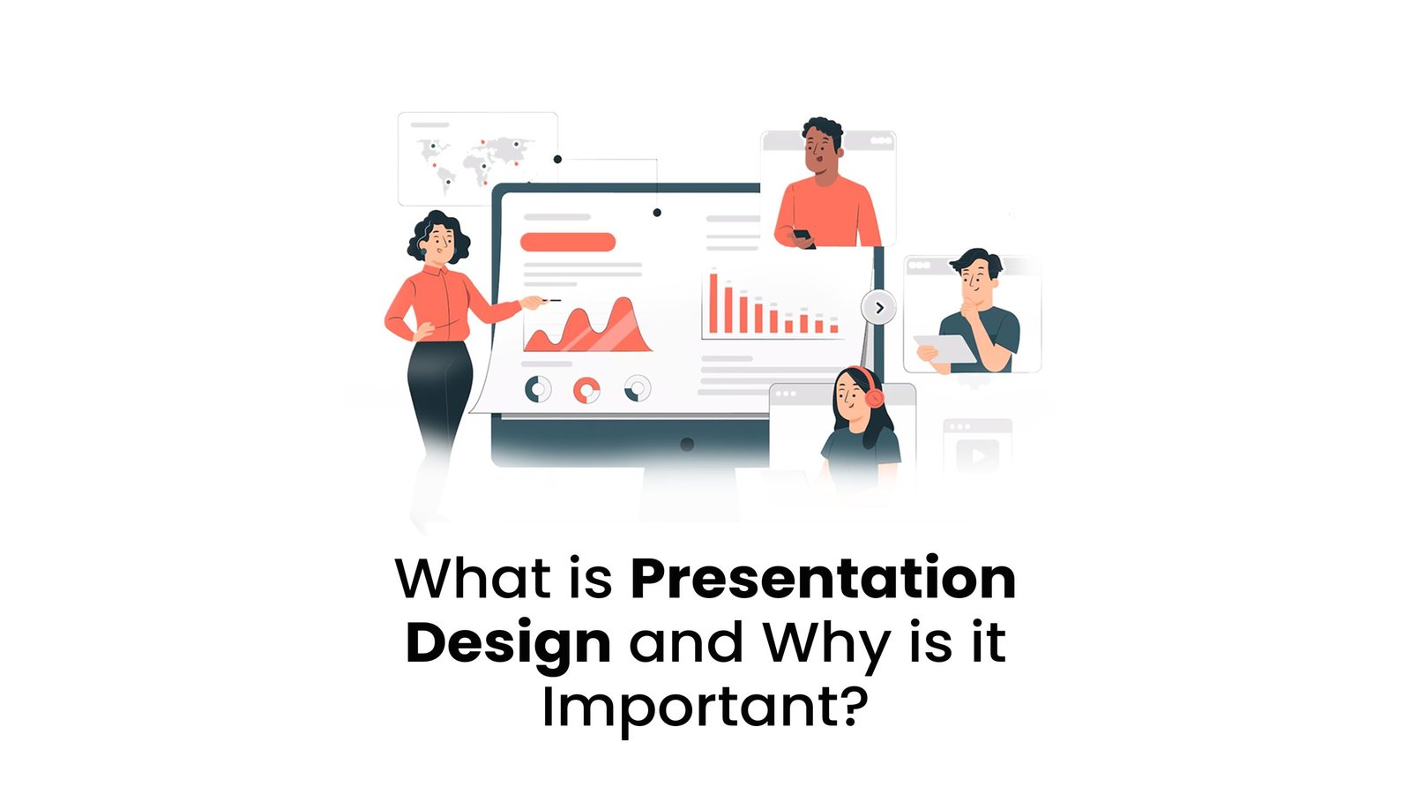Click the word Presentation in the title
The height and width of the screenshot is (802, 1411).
(823, 580)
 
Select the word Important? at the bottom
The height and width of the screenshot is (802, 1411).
(705, 708)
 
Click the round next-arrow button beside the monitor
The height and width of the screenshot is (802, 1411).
(878, 308)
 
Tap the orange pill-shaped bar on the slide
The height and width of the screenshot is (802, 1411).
(567, 242)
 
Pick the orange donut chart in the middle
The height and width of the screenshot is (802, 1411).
(586, 389)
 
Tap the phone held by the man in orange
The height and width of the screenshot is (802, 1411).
(802, 236)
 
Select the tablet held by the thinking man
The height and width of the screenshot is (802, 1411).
(946, 349)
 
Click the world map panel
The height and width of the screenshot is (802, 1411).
(477, 158)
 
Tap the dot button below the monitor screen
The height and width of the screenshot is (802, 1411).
(687, 444)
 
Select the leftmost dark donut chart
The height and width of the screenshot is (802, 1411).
(538, 388)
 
